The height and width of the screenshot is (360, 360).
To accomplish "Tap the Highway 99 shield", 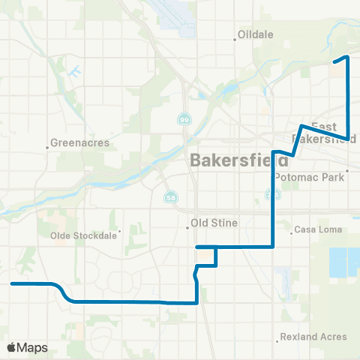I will pos(184,119).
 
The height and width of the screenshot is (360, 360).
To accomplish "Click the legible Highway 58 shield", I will pos(169,196).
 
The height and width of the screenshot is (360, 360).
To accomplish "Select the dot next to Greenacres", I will pos(47,148).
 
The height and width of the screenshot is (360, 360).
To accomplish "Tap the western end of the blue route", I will pos(12,283).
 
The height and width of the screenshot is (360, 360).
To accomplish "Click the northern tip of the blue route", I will pos(346,57).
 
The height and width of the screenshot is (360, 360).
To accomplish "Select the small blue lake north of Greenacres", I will pos(75,73).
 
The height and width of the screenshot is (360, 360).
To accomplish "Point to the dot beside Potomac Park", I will pos(349,178).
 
